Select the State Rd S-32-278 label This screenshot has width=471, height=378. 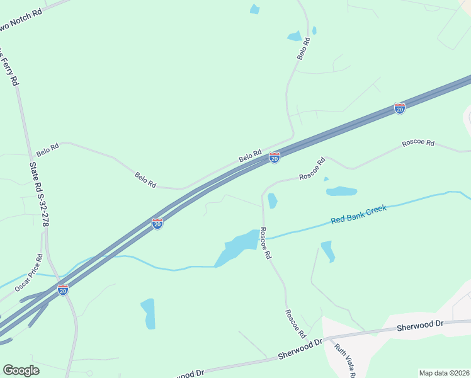[39, 194]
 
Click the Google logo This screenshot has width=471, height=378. [21, 370]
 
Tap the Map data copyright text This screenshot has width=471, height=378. [444, 373]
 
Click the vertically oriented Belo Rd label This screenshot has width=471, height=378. [304, 49]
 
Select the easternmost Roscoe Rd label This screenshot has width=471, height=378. [418, 144]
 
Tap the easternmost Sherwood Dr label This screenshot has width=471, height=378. [421, 326]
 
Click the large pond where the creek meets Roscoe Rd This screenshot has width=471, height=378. [238, 247]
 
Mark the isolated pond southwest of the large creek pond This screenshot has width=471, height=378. [148, 313]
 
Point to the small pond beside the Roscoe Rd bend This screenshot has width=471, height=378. [273, 201]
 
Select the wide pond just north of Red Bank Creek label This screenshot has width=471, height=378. [341, 191]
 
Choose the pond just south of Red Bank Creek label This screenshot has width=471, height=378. [327, 250]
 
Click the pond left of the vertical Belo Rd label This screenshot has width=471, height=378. [294, 37]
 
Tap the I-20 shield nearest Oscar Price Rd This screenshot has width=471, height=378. [63, 290]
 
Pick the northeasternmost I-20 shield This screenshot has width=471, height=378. [400, 108]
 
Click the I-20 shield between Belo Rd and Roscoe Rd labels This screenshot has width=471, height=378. [275, 157]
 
